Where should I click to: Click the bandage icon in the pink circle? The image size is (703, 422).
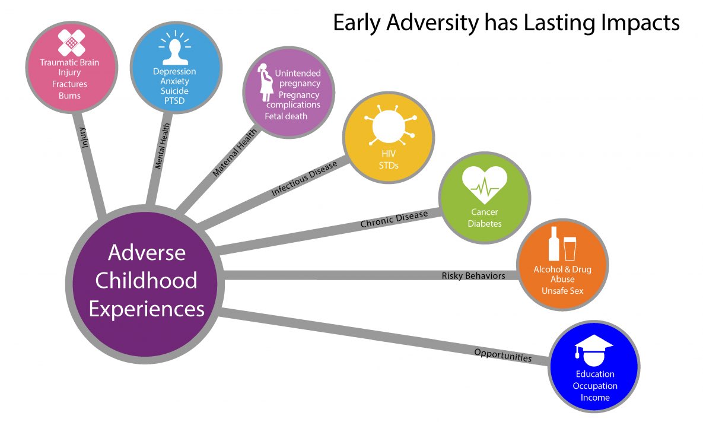[x=69, y=42]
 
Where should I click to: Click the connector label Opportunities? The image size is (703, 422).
[x=502, y=355]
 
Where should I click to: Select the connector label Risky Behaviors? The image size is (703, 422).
[x=473, y=275]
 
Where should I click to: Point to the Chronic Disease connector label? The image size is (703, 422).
[x=394, y=219]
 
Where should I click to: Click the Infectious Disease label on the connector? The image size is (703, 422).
[x=304, y=177]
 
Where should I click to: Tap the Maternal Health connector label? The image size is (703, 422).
[x=236, y=152]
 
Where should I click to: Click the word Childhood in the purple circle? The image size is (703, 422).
[x=146, y=280]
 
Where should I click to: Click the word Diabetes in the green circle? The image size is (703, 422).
[x=484, y=224]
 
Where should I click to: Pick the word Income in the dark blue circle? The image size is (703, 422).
[x=594, y=397]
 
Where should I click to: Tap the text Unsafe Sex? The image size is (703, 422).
[x=562, y=290]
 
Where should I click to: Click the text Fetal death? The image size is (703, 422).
[x=286, y=116]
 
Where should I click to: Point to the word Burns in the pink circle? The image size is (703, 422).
[x=69, y=95]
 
